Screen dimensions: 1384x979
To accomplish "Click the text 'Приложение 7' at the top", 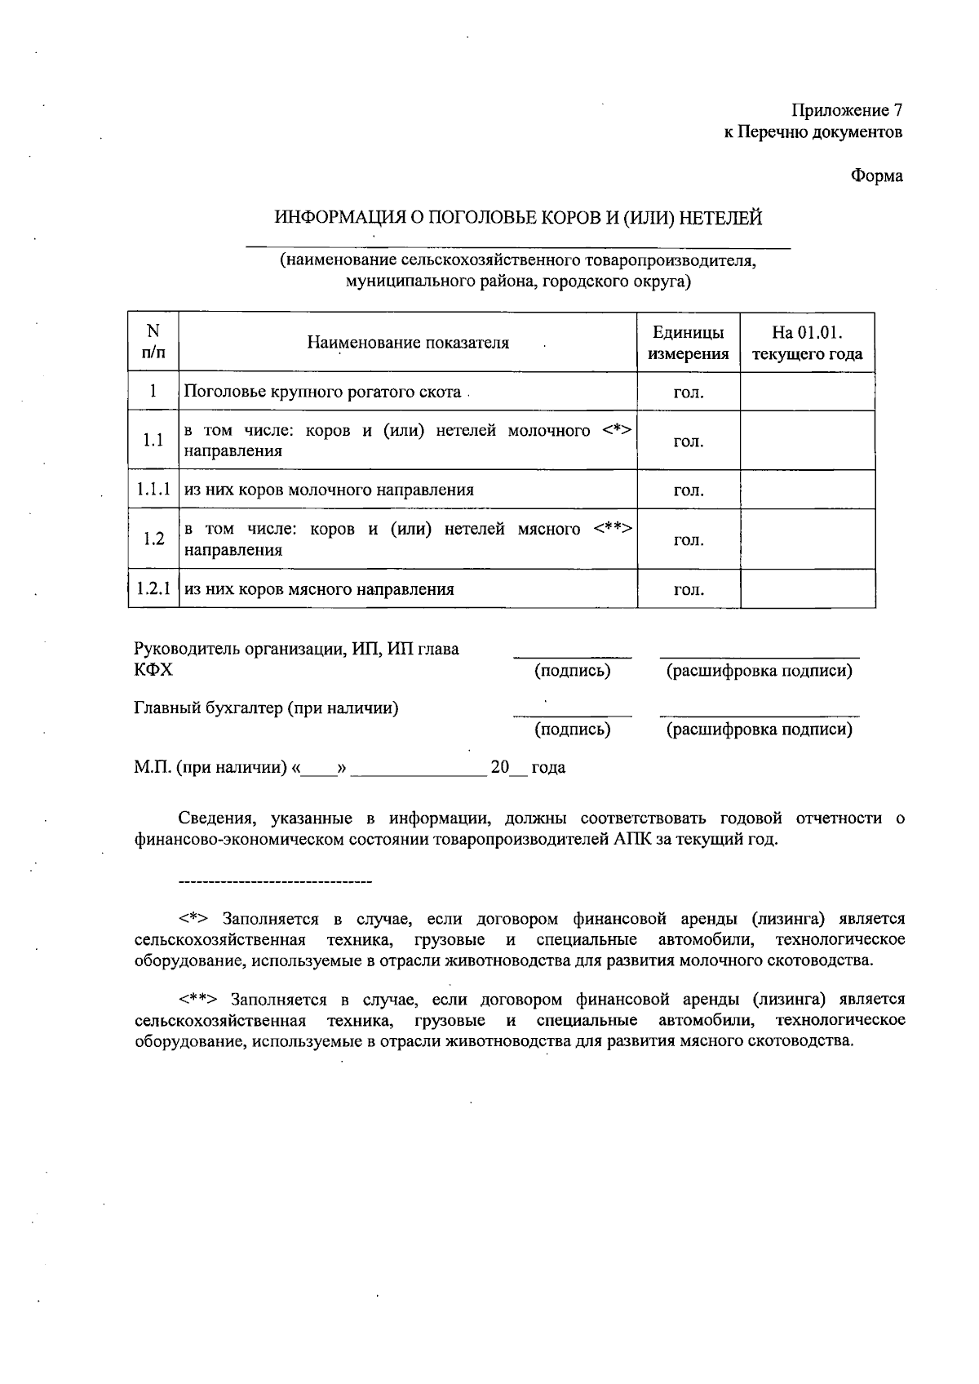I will tap(847, 110).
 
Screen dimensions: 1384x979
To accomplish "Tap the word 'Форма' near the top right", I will tap(877, 175).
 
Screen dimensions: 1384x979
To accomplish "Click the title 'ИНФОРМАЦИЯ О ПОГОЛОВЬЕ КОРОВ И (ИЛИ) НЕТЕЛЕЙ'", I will tap(518, 218).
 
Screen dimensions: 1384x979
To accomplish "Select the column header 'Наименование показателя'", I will tap(408, 343).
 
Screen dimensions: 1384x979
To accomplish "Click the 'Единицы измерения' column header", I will tap(688, 343).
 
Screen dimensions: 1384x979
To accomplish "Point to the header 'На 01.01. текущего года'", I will tap(807, 343).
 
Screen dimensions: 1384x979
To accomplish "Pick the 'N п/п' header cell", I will tap(153, 342).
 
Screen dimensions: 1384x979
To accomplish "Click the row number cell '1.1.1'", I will tap(153, 490).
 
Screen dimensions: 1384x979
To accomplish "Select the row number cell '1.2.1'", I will tap(153, 588).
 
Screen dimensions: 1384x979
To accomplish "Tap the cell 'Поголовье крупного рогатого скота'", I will tap(322, 392).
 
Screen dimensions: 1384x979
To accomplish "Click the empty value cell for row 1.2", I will tap(807, 539).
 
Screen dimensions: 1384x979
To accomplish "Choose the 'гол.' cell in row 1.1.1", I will tap(688, 490).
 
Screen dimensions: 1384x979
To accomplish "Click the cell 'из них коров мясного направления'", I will tap(319, 589).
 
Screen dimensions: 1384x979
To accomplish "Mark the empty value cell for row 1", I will tap(807, 392).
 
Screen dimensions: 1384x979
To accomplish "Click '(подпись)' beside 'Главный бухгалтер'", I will tap(572, 730).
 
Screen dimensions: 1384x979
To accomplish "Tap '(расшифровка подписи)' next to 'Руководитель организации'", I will tap(759, 671).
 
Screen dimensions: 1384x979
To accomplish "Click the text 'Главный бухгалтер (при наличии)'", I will tap(266, 708).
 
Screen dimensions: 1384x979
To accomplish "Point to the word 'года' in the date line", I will tap(548, 768).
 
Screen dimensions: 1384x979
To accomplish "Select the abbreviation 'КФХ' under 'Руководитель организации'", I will tap(153, 670).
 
